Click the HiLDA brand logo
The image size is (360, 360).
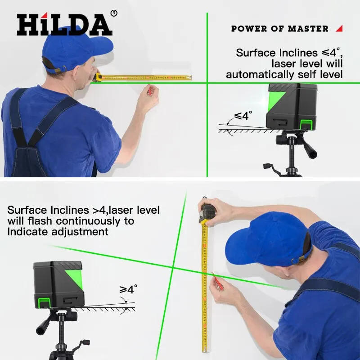64,25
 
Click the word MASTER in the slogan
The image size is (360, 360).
308,29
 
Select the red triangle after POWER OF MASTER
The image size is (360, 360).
339,28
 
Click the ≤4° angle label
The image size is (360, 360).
241,116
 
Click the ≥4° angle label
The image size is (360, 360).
128,289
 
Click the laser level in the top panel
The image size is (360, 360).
292,106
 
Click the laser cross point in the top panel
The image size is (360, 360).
207,82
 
